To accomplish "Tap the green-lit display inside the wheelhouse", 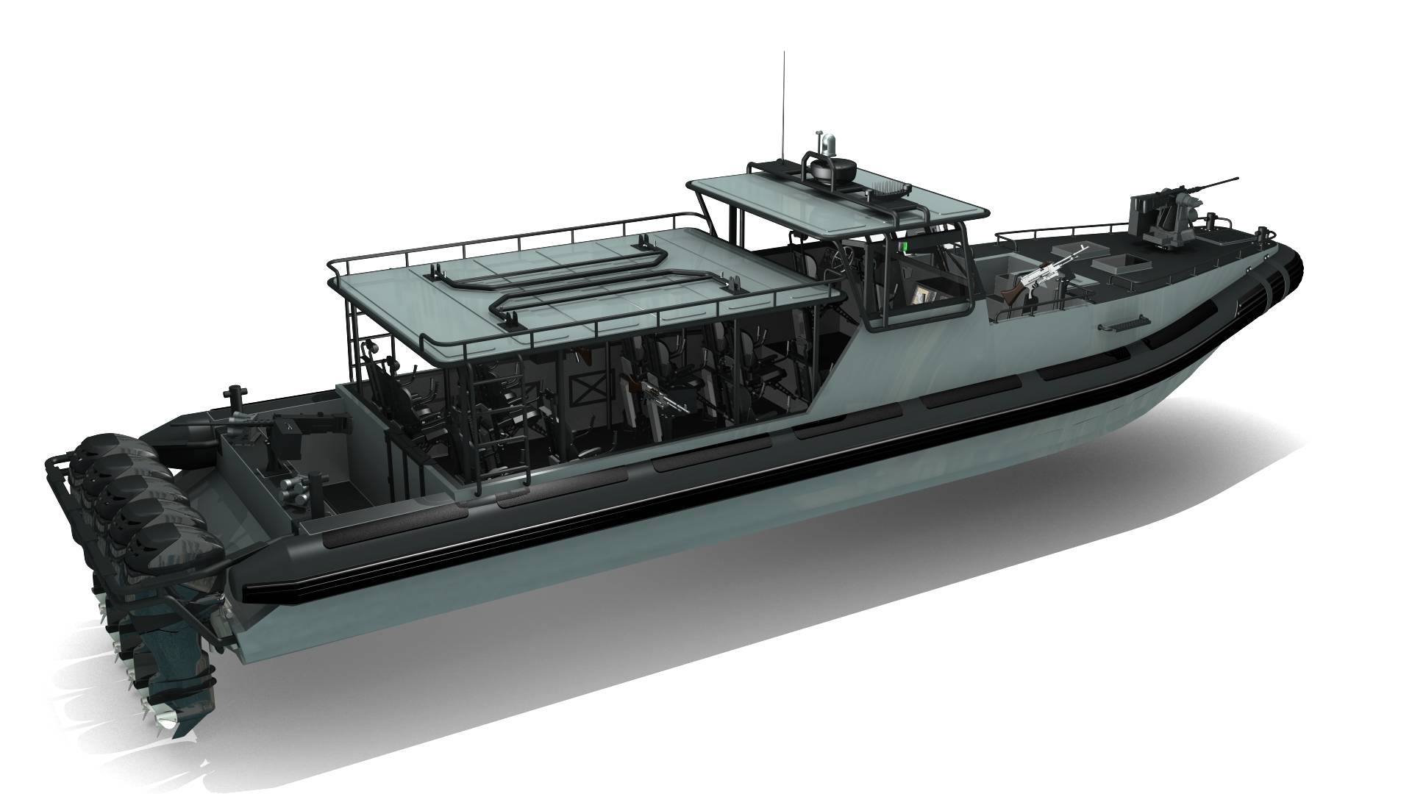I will coord(907,243).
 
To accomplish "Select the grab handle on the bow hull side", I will coord(1123,324).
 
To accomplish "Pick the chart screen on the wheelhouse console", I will coord(924,295).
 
